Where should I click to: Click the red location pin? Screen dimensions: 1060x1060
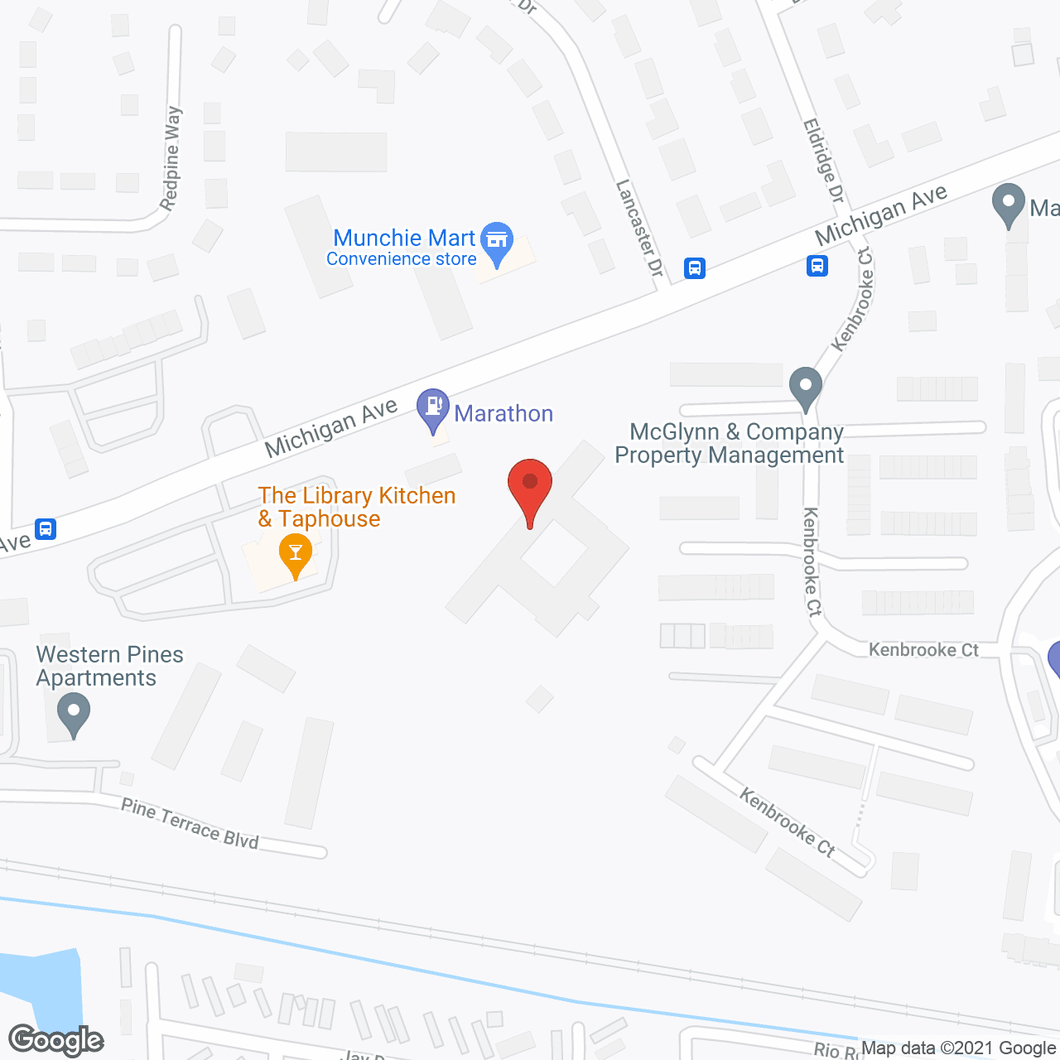[x=529, y=489]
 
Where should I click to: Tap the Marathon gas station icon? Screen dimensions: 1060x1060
[x=432, y=408]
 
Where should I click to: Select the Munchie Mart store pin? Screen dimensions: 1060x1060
[x=497, y=242]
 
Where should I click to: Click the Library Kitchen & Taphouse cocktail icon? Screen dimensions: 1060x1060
[x=295, y=553]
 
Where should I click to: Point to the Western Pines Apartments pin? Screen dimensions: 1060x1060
[x=74, y=714]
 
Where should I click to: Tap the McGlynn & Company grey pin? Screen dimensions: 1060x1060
[x=805, y=388]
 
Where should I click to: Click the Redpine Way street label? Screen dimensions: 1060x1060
[x=171, y=158]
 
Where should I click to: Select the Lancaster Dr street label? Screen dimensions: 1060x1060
[x=639, y=229]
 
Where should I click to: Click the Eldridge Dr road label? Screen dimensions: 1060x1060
[x=823, y=161]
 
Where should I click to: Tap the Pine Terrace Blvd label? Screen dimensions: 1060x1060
[x=190, y=823]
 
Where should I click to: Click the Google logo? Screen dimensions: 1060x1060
[x=56, y=1040]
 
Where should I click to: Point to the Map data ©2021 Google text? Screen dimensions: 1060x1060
[x=958, y=1048]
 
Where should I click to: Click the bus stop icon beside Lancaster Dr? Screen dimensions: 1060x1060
[x=695, y=268]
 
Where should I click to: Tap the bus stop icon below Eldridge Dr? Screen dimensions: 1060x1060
[x=817, y=266]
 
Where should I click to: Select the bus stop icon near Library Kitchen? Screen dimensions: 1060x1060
[x=46, y=528]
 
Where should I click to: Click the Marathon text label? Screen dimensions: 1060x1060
[x=503, y=413]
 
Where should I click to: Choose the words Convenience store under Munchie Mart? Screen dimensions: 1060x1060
[x=402, y=259]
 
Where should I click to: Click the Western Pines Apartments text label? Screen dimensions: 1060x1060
[x=109, y=666]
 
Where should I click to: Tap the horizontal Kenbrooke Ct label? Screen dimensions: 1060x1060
[x=923, y=650]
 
